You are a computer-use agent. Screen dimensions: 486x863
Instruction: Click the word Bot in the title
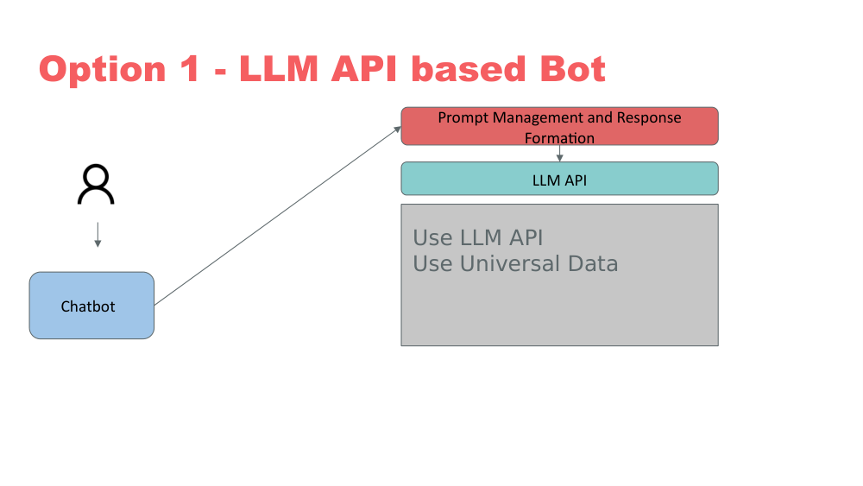tap(570, 70)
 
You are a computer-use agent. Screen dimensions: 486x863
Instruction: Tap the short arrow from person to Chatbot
tap(98, 235)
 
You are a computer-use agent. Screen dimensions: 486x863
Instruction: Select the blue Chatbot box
tap(91, 306)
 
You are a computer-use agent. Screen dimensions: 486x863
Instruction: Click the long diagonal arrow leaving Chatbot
tap(276, 216)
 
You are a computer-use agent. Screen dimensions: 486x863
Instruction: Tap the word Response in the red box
tap(650, 117)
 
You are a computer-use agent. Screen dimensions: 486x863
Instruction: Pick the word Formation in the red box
tap(559, 138)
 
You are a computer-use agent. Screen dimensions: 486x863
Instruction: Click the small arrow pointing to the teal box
tap(560, 154)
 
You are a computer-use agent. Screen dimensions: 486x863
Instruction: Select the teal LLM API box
tap(559, 180)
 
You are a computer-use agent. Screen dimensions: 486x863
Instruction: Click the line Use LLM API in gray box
tap(477, 237)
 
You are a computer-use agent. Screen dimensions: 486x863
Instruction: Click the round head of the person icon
tap(96, 177)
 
